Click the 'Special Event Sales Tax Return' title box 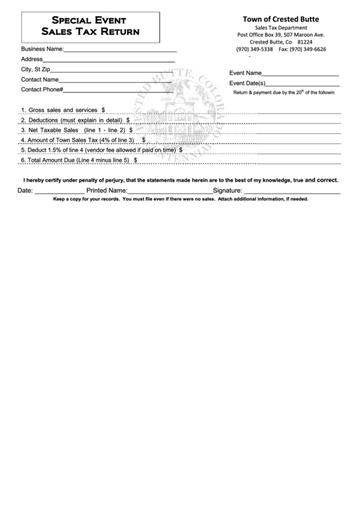[x=90, y=26]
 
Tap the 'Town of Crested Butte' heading [x=281, y=19]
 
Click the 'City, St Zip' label [x=35, y=69]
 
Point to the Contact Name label [x=40, y=80]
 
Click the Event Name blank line [x=300, y=74]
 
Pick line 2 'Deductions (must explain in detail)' [x=75, y=120]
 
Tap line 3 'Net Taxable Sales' [x=75, y=129]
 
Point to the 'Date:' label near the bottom [x=25, y=191]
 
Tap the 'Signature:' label [x=228, y=191]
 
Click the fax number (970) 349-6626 [x=302, y=50]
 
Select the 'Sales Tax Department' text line [x=281, y=27]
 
